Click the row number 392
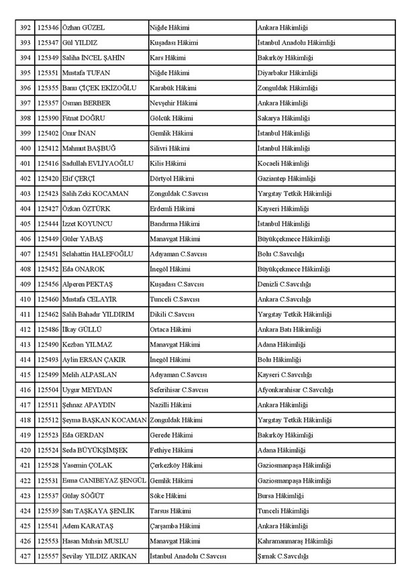[25, 28]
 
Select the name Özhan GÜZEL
[83, 28]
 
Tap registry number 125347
[48, 43]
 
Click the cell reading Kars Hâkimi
[167, 58]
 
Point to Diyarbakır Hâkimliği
[287, 72]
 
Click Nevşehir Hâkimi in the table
[173, 103]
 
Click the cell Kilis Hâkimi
[168, 163]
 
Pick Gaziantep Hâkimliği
[287, 179]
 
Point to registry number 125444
[48, 224]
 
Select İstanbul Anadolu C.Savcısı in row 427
[188, 556]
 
